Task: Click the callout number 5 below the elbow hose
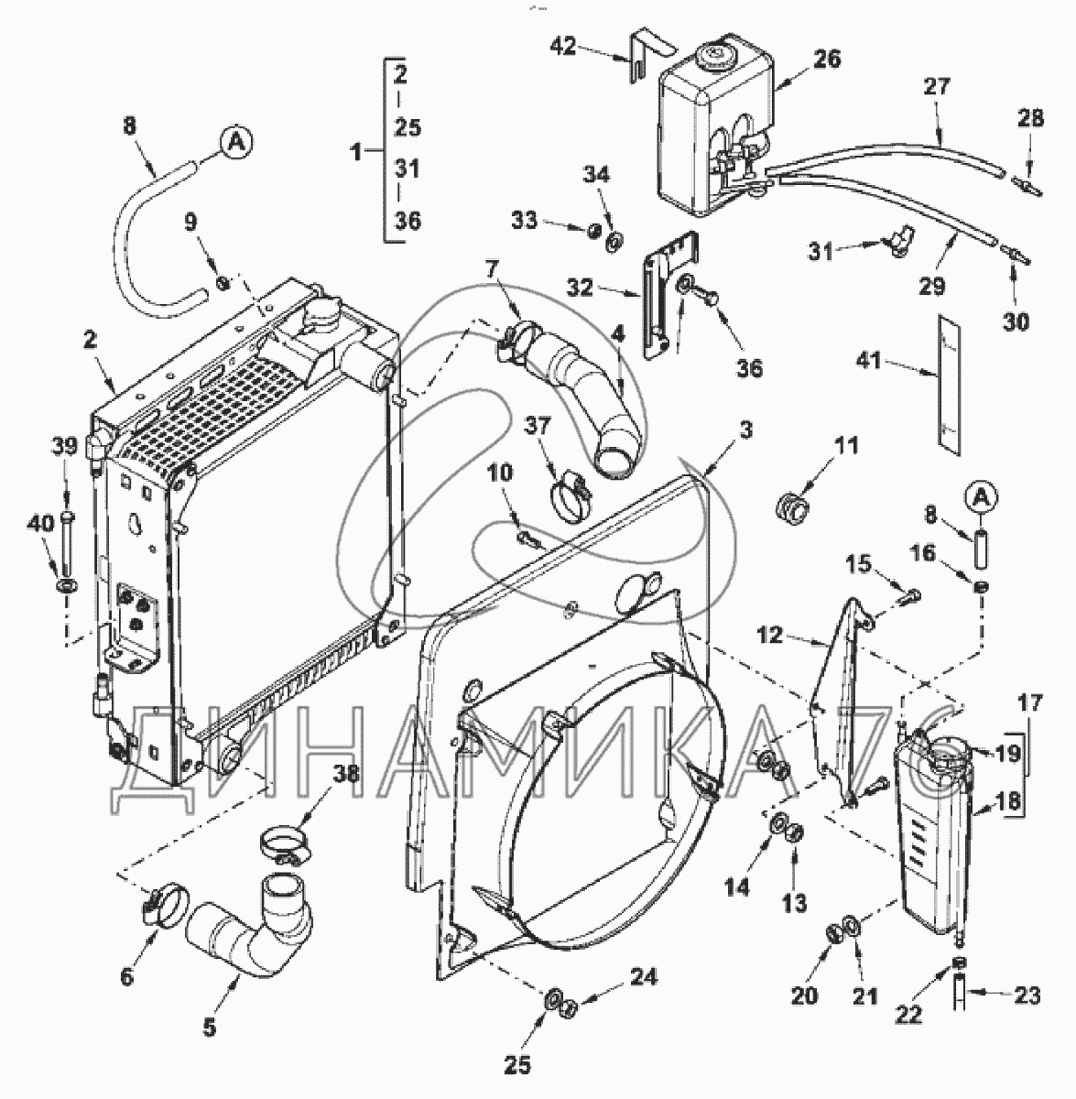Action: (x=210, y=1028)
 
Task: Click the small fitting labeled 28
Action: (x=1027, y=187)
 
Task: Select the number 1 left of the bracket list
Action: (x=356, y=152)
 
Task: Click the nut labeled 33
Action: (x=594, y=230)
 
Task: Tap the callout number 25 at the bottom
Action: (x=516, y=1064)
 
